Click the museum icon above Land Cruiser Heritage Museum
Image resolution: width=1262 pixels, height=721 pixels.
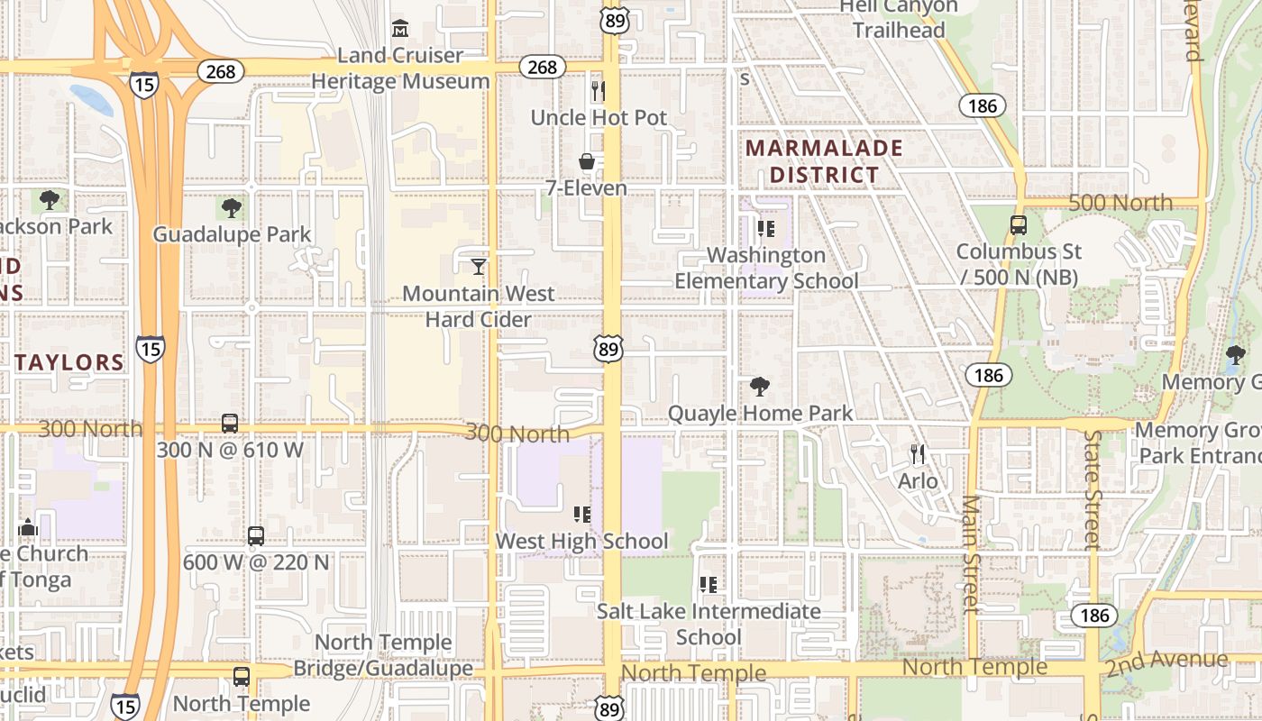point(400,30)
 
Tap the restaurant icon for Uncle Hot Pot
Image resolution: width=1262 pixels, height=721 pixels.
point(597,90)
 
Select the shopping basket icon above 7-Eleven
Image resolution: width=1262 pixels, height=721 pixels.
point(587,161)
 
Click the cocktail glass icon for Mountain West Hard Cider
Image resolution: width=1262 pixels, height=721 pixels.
point(479,266)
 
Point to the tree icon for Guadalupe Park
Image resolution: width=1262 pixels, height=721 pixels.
point(232,208)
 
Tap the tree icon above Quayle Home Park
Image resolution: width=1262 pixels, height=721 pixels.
point(760,387)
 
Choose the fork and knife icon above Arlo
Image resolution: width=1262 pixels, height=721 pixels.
point(918,454)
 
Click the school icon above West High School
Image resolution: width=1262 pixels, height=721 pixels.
point(582,515)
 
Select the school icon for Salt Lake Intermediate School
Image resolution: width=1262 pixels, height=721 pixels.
point(709,585)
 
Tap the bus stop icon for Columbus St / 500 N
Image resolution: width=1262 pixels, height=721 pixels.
point(1018,225)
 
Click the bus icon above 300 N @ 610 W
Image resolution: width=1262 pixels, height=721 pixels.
point(230,423)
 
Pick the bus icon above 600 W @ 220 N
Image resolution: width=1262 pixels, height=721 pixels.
point(256,536)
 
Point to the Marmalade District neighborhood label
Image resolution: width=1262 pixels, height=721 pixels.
point(824,160)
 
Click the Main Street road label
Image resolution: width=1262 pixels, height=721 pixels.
point(971,553)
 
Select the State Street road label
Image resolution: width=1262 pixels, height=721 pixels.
point(1093,489)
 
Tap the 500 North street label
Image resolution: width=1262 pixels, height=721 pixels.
point(1120,202)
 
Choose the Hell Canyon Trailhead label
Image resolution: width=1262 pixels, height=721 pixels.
point(899,18)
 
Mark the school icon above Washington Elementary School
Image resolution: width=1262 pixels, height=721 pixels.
point(766,229)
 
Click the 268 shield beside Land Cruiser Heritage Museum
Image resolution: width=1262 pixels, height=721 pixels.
point(543,67)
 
